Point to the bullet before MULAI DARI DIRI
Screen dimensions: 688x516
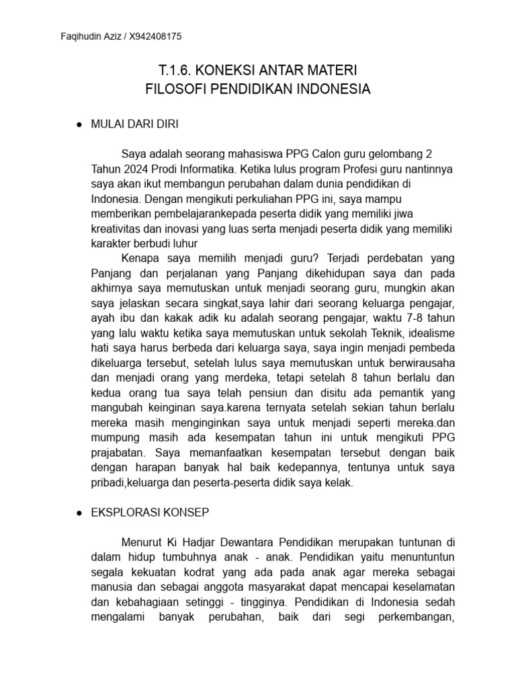pos(79,125)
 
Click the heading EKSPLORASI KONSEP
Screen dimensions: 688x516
pos(150,512)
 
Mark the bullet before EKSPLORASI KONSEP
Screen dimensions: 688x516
pos(79,512)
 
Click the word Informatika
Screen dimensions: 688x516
pos(215,169)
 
